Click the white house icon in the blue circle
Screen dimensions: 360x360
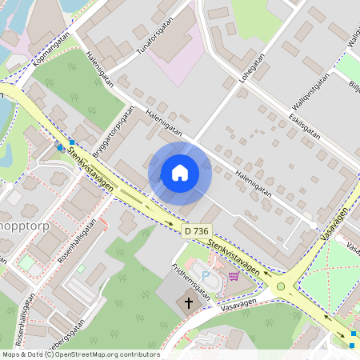tap(179, 172)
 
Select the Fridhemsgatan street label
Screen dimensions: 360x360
tap(190, 282)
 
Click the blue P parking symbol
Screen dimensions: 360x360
tap(206, 276)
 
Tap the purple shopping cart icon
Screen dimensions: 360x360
tap(233, 277)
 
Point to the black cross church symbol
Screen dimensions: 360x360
tap(190, 303)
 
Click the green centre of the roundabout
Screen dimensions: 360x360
tap(281, 286)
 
